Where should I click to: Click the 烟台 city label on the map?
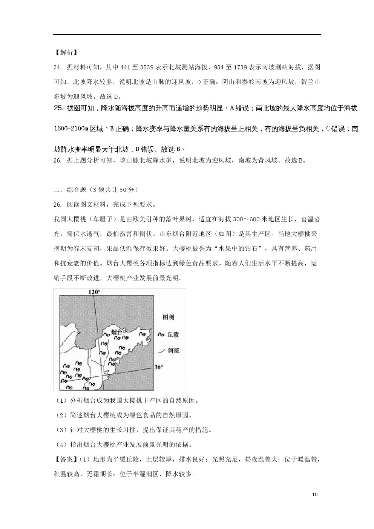116,332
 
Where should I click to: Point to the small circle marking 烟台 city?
124,332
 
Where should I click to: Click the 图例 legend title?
168,317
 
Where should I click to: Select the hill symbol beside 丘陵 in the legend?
161,334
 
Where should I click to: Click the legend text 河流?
174,351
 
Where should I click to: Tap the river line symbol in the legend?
161,351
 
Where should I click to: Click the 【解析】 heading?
65,52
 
